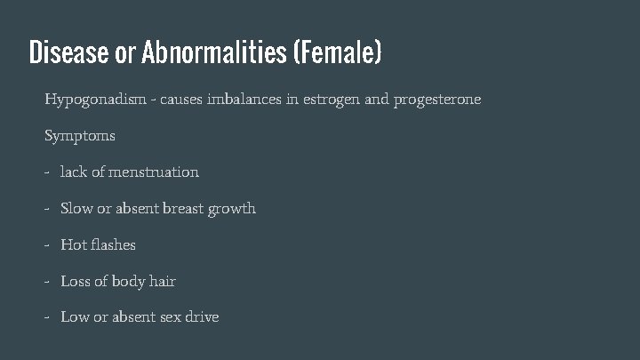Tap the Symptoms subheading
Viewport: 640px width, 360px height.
(x=80, y=137)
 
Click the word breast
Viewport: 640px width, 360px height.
(x=183, y=208)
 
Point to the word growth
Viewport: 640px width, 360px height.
(x=232, y=209)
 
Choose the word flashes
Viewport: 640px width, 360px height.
(x=111, y=244)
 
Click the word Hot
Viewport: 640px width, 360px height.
(x=72, y=244)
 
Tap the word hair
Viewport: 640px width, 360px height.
(x=163, y=281)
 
